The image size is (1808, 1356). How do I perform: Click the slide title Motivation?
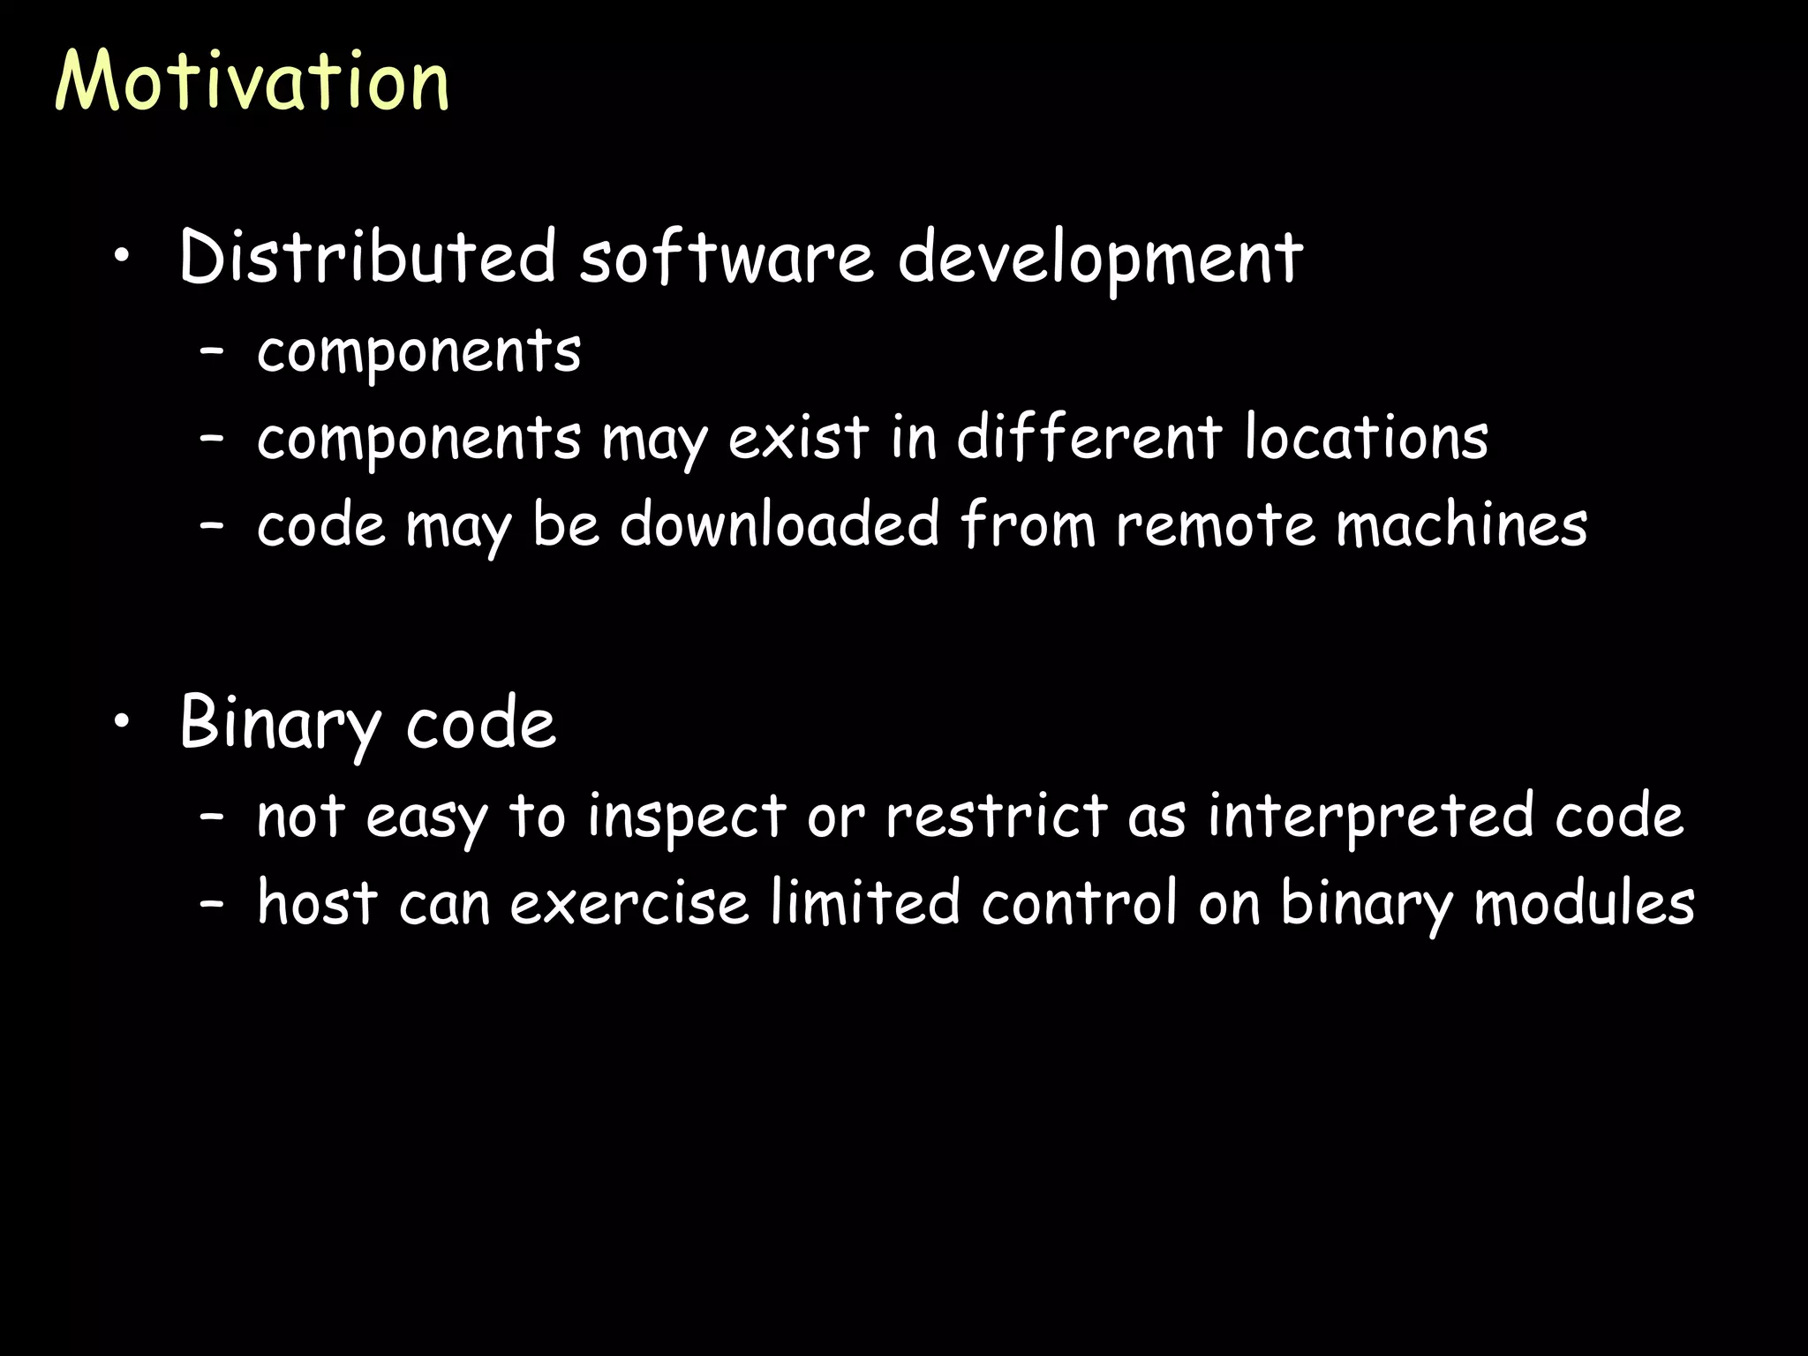(x=252, y=81)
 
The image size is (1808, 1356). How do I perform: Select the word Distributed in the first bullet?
(x=366, y=257)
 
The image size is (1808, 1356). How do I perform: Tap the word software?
(x=726, y=257)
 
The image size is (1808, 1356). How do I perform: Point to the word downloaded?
(x=780, y=524)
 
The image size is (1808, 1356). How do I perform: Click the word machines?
(x=1461, y=524)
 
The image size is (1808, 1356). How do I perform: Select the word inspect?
(x=687, y=817)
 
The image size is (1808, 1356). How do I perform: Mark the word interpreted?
(x=1371, y=817)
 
